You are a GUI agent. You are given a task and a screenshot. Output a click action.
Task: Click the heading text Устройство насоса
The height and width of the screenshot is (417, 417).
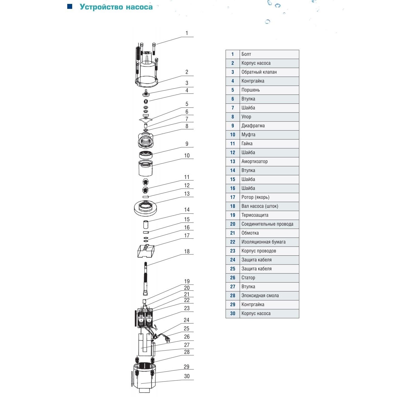coord(116,7)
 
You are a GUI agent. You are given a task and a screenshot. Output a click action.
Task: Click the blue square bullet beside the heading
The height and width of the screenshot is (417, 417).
coord(70,7)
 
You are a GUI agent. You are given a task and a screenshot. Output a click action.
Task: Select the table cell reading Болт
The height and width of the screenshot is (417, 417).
coord(269,54)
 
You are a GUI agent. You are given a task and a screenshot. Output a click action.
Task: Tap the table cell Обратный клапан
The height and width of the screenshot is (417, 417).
coord(269,72)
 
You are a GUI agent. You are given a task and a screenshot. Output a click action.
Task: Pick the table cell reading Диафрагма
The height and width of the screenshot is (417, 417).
coord(269,126)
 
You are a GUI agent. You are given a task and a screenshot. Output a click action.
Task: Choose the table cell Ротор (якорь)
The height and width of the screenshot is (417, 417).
coord(269,197)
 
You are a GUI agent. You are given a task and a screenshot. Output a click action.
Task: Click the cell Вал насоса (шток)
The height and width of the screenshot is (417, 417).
coord(269,206)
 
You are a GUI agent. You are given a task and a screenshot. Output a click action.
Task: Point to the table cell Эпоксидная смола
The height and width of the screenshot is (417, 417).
coord(269,296)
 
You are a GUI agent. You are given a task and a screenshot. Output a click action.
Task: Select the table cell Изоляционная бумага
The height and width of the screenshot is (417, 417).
coord(269,242)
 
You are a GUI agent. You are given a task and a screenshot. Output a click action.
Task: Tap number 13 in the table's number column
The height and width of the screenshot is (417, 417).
coord(232,162)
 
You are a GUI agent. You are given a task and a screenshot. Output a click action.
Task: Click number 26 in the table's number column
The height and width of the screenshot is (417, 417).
coord(232,278)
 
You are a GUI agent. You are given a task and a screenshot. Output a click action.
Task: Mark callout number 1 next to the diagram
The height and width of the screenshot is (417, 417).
coord(187,33)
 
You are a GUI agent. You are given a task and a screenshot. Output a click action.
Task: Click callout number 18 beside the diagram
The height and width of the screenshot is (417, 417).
coord(187,252)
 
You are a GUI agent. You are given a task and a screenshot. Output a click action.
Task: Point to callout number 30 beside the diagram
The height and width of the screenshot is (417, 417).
coord(187,376)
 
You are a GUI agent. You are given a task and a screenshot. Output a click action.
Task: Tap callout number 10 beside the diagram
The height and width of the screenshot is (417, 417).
coord(187,156)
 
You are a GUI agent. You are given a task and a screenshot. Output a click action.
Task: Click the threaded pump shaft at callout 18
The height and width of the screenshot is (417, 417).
coord(145,278)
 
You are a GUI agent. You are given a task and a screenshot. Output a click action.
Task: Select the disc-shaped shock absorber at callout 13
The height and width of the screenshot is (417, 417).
coord(145,208)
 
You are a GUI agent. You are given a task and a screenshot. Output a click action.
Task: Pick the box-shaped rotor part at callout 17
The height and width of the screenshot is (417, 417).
coord(146,251)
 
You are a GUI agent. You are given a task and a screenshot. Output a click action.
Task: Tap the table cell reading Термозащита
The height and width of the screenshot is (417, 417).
coord(269,215)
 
